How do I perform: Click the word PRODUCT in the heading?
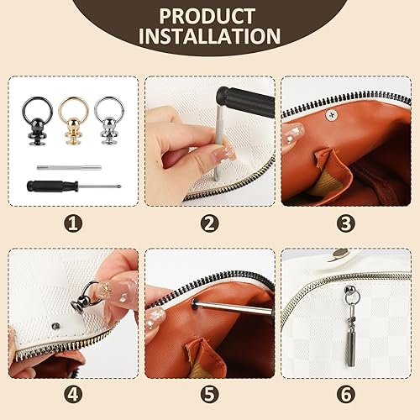pyautogui.click(x=207, y=16)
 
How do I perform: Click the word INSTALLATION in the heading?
pyautogui.click(x=209, y=36)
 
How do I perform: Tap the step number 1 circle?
pyautogui.click(x=73, y=223)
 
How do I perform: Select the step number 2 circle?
pyautogui.click(x=210, y=223)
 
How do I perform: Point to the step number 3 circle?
pyautogui.click(x=346, y=223)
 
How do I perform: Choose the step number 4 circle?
pyautogui.click(x=73, y=395)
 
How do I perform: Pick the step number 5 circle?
pyautogui.click(x=210, y=395)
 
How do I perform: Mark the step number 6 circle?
pyautogui.click(x=346, y=395)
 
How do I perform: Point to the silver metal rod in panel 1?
pyautogui.click(x=69, y=168)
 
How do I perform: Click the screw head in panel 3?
pyautogui.click(x=333, y=115)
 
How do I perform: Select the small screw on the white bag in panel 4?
pyautogui.click(x=56, y=326)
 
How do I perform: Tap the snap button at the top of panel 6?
pyautogui.click(x=340, y=254)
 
